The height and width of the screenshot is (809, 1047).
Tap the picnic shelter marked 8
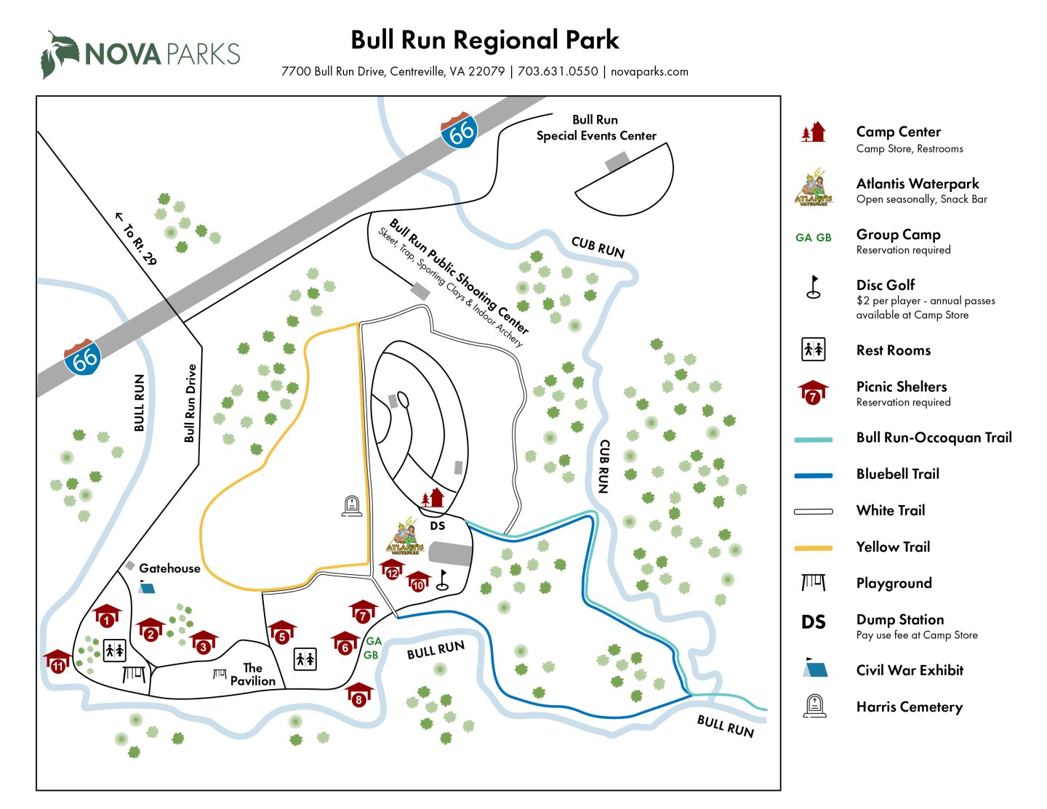358,696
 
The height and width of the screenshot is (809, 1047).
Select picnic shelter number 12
393,570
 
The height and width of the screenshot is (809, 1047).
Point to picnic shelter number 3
204,643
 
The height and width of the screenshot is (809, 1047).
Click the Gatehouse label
169,568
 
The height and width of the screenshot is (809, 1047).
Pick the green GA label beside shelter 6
374,641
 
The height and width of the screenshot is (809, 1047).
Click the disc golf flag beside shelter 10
444,579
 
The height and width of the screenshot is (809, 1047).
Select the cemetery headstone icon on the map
352,506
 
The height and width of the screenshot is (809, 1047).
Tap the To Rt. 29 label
137,239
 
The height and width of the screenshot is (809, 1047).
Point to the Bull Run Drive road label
190,403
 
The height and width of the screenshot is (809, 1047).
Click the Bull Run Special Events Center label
595,128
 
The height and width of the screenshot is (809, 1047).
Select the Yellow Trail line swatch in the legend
813,547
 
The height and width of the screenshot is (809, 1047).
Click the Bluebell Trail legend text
897,474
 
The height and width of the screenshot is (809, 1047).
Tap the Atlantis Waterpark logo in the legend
813,188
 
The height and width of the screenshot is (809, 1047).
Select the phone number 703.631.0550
558,71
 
